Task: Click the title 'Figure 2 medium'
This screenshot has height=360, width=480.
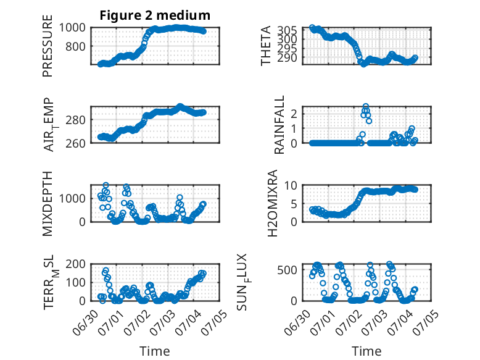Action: (x=155, y=15)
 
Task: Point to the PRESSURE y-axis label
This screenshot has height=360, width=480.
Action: (x=48, y=46)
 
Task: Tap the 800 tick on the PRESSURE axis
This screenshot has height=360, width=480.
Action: (x=75, y=46)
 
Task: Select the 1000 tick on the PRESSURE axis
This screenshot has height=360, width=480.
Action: (x=72, y=28)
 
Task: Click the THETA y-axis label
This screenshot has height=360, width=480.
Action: (x=266, y=46)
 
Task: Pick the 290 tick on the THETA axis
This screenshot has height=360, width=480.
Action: (x=287, y=57)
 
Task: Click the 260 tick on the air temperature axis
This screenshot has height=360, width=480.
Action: (x=75, y=143)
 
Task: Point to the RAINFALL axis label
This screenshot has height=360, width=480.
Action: (x=279, y=125)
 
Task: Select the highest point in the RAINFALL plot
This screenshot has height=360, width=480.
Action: (x=365, y=106)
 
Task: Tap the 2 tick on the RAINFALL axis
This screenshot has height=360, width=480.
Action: (x=294, y=114)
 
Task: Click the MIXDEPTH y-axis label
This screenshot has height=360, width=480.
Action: (x=48, y=204)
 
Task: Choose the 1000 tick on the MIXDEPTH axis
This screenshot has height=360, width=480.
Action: (x=72, y=198)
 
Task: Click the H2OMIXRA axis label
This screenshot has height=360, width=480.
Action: (x=272, y=203)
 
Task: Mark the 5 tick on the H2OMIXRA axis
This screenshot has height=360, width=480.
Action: (x=294, y=204)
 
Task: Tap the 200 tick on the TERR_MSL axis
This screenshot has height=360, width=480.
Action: (x=75, y=264)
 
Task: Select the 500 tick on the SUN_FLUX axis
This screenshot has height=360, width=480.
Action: (x=287, y=270)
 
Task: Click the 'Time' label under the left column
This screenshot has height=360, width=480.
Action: (x=155, y=351)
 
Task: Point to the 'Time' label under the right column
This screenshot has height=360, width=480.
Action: (x=366, y=351)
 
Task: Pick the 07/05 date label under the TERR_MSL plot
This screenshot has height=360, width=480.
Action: (x=215, y=322)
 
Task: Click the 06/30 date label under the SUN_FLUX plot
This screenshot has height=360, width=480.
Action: (x=297, y=322)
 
